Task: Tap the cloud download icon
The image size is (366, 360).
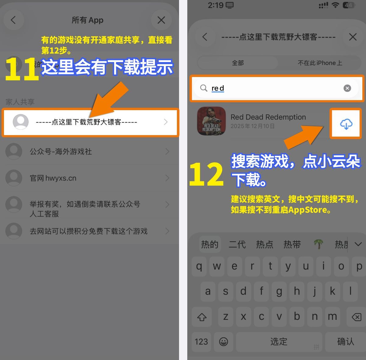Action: click(346, 124)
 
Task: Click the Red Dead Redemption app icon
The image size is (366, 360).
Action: click(211, 121)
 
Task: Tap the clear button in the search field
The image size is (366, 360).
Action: click(347, 88)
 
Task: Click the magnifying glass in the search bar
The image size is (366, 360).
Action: click(203, 88)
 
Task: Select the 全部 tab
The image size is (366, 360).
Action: click(238, 63)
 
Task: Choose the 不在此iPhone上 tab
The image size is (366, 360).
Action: click(320, 63)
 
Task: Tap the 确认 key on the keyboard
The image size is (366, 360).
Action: click(345, 341)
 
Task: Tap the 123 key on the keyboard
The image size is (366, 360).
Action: click(201, 341)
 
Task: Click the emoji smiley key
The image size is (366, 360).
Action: click(223, 341)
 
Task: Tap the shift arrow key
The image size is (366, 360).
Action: click(202, 317)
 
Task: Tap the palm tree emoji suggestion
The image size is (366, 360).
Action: click(318, 244)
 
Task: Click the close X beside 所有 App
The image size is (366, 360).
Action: click(161, 20)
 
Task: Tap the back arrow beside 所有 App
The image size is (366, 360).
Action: click(13, 20)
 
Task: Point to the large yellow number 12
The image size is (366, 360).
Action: click(206, 174)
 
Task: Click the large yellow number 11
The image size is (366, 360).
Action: click(22, 69)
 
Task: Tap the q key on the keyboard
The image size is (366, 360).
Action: click(199, 266)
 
